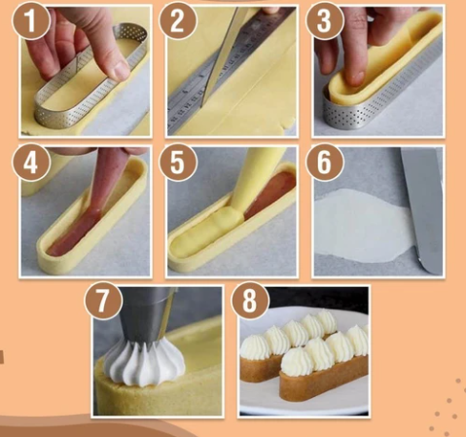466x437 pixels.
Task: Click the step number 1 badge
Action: (31, 21)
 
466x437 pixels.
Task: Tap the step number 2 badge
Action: (177, 21)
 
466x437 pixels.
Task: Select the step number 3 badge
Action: (324, 21)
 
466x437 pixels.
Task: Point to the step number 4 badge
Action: (31, 163)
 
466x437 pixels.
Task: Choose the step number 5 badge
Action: (177, 163)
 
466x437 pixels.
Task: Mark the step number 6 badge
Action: (324, 163)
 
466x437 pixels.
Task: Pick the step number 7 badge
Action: (103, 301)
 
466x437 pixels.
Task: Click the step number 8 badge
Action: (250, 301)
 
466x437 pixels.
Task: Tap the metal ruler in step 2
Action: (227, 70)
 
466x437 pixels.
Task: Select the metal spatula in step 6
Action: (421, 207)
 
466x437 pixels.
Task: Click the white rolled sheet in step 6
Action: (363, 227)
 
